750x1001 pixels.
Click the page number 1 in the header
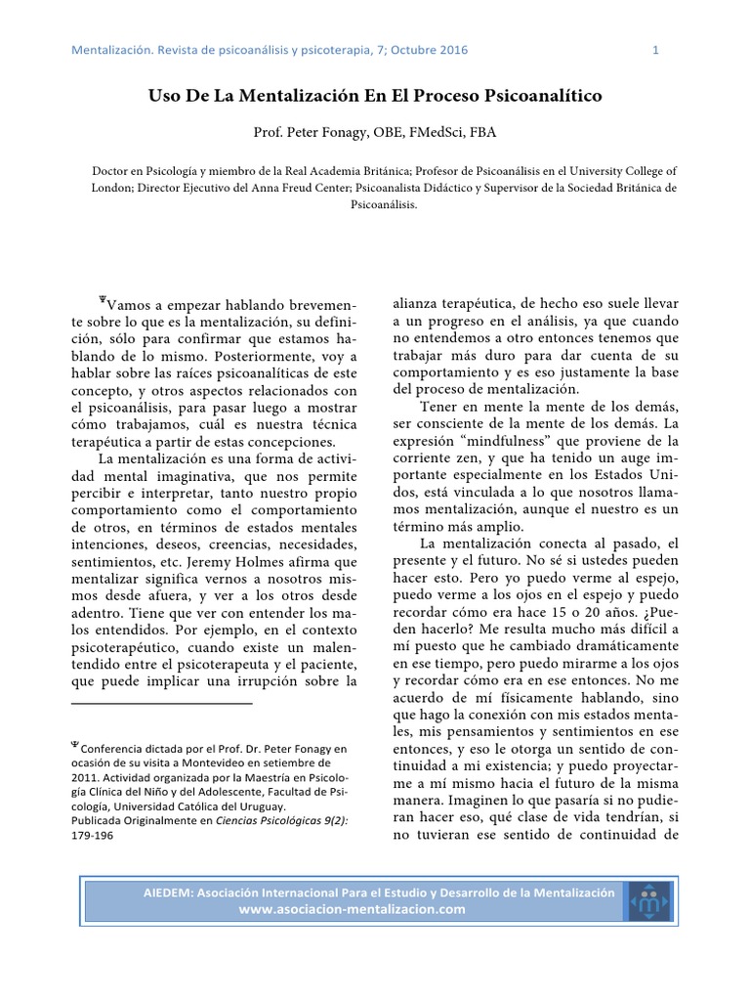click(x=655, y=50)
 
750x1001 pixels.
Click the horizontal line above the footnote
click(x=161, y=702)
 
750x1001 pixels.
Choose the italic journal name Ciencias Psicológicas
click(x=274, y=822)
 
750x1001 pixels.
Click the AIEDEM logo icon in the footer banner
click(x=646, y=901)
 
